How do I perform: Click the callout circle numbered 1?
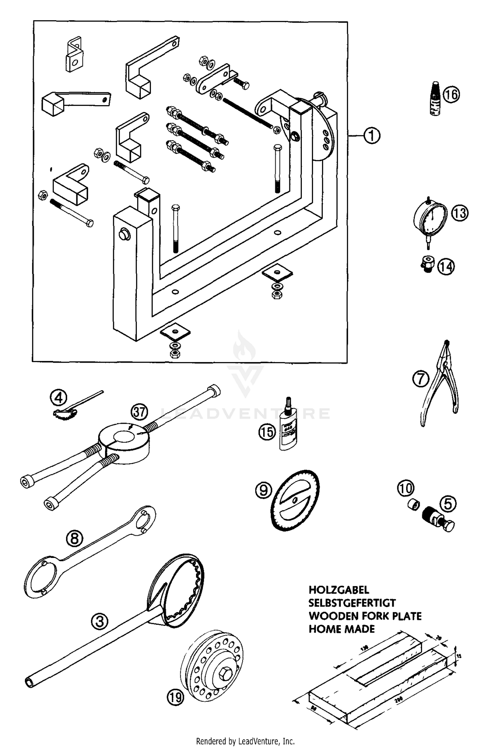pyautogui.click(x=372, y=136)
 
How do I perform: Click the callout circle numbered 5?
pyautogui.click(x=447, y=504)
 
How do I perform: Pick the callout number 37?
pyautogui.click(x=139, y=412)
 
